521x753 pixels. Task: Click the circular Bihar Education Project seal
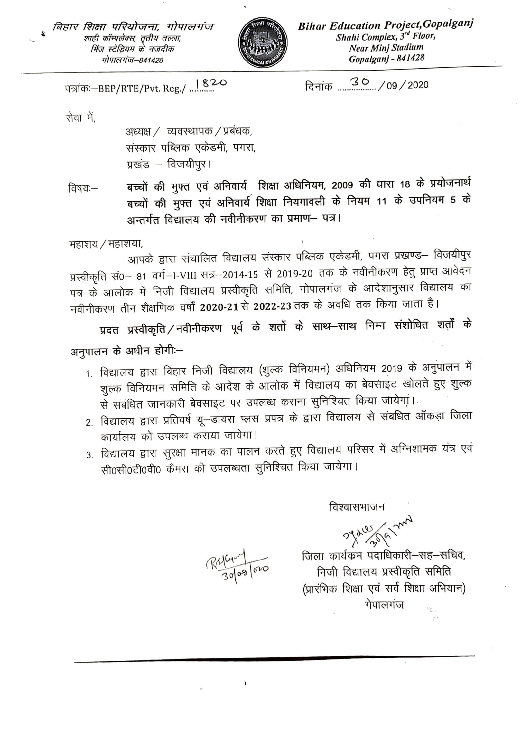pyautogui.click(x=263, y=43)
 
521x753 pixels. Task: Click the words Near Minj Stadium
pyautogui.click(x=386, y=48)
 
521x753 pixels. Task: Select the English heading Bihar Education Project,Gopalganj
pyautogui.click(x=385, y=25)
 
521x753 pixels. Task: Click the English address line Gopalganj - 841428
pyautogui.click(x=386, y=59)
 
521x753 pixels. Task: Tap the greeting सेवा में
pyautogui.click(x=80, y=118)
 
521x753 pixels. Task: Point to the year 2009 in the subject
pyautogui.click(x=342, y=185)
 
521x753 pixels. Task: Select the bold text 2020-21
pyautogui.click(x=219, y=307)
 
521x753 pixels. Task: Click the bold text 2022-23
pyautogui.click(x=272, y=306)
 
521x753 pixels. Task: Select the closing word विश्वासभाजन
pyautogui.click(x=357, y=507)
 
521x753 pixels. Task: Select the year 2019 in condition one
pyautogui.click(x=392, y=368)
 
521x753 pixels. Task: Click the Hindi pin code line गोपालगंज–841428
pyautogui.click(x=132, y=60)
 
